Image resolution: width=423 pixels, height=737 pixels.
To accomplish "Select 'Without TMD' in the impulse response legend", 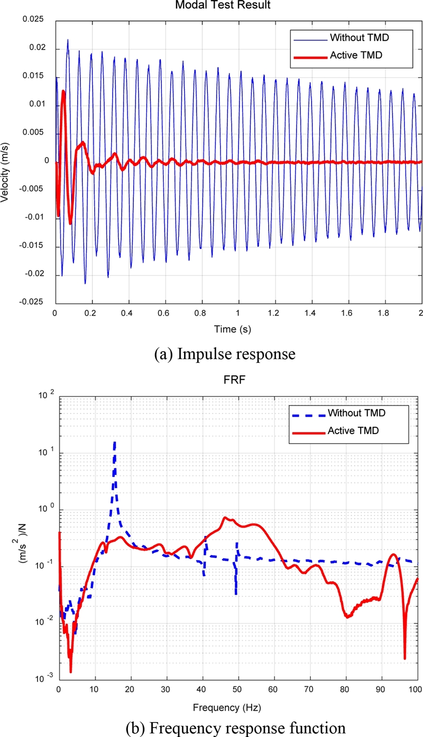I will (353, 38).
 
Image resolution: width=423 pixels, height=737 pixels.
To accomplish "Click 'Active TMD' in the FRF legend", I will (349, 431).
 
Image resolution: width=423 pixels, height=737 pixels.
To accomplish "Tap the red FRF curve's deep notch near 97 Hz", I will (404, 658).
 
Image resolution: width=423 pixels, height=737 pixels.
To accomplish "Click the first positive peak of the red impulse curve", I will (63, 91).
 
